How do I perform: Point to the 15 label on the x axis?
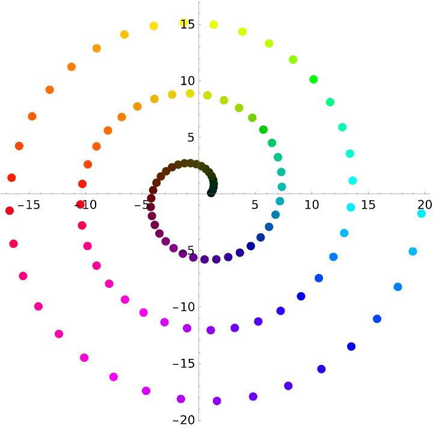coord(368,205)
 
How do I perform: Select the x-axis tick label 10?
coord(312,205)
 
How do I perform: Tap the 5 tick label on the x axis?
coord(254,205)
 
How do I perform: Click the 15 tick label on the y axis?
coord(187,24)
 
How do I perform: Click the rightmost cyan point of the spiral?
coord(421,213)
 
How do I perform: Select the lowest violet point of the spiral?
coord(217,401)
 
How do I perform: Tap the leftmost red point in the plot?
coord(9,210)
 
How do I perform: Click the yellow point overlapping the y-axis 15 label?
coord(184,23)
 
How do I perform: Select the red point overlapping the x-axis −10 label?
coord(81,204)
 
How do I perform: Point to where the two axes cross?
coord(199,194)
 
